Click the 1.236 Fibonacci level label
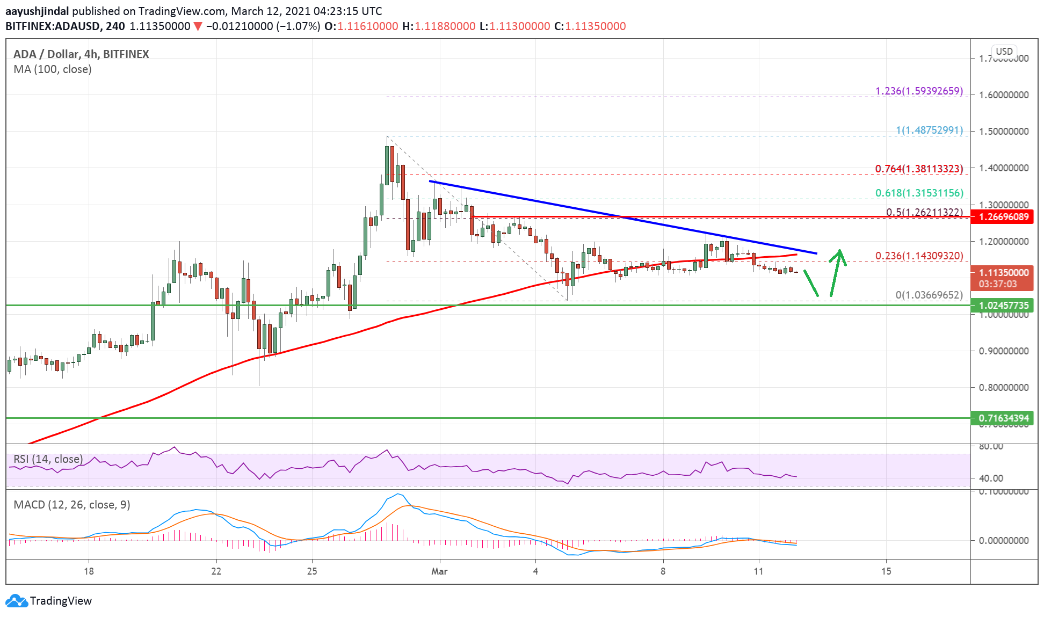pyautogui.click(x=919, y=91)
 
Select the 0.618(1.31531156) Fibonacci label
pyautogui.click(x=919, y=193)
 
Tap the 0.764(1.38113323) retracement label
pyautogui.click(x=919, y=169)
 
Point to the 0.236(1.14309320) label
pyautogui.click(x=919, y=256)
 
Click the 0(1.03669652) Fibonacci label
pyautogui.click(x=929, y=295)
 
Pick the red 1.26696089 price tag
pyautogui.click(x=1003, y=217)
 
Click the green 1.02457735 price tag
pyautogui.click(x=1003, y=305)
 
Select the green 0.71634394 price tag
pyautogui.click(x=1003, y=418)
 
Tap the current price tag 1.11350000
pyautogui.click(x=1003, y=272)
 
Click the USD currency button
pyautogui.click(x=1004, y=52)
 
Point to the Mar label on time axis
pyautogui.click(x=439, y=571)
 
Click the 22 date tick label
pyautogui.click(x=216, y=571)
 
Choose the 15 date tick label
pyautogui.click(x=886, y=571)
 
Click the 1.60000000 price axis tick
pyautogui.click(x=1003, y=95)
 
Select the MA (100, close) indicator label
pyautogui.click(x=53, y=69)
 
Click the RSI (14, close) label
pyautogui.click(x=48, y=459)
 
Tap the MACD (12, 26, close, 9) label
pyautogui.click(x=72, y=505)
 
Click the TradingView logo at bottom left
pyautogui.click(x=49, y=600)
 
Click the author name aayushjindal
pyautogui.click(x=37, y=11)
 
